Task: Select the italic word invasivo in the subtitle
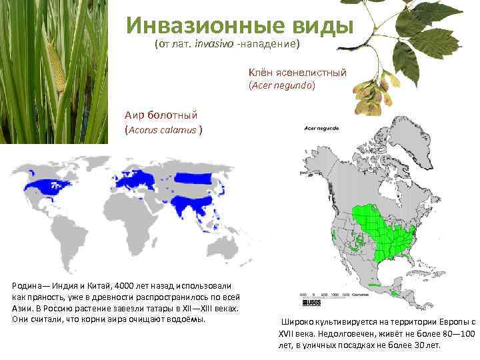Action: [215, 45]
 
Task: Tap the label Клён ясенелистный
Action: [297, 72]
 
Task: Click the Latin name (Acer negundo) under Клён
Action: [282, 86]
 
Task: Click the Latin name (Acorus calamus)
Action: [163, 129]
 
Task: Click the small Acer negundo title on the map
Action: [321, 127]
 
